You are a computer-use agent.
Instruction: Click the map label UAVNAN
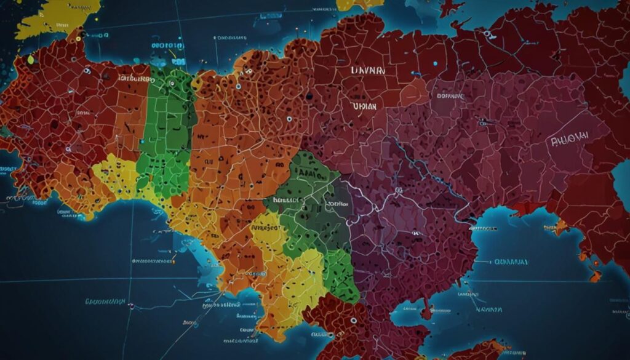[x=368, y=71]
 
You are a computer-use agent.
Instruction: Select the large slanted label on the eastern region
[x=569, y=137]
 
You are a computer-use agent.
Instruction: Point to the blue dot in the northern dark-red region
[x=435, y=63]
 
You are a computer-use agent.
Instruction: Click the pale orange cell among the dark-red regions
[x=414, y=92]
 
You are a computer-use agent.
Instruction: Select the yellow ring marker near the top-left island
[x=31, y=60]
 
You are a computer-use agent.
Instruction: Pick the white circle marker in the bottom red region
[x=353, y=321]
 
